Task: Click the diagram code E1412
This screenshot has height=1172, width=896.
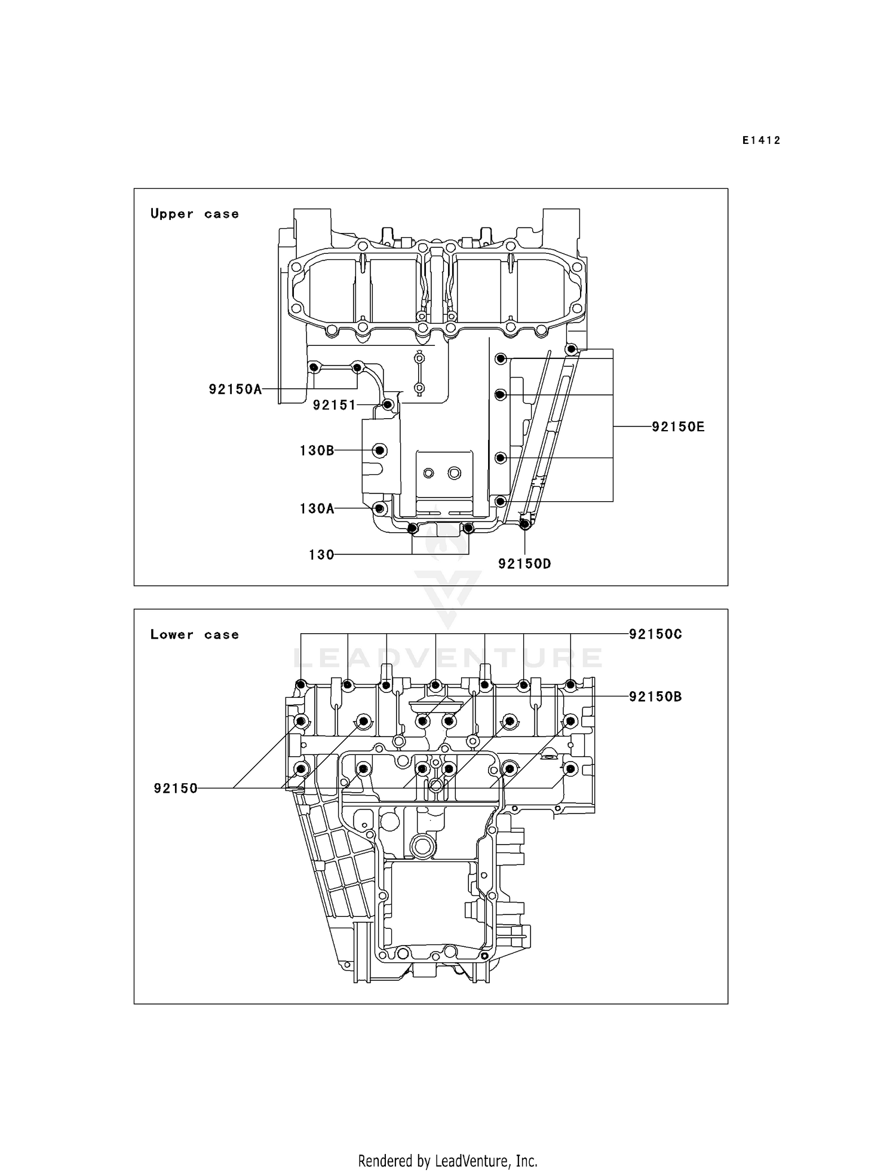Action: [x=761, y=140]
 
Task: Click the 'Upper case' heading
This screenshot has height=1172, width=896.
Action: [x=194, y=214]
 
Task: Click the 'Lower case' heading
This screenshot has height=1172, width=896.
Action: [x=194, y=634]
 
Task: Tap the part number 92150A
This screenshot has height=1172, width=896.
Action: [x=235, y=389]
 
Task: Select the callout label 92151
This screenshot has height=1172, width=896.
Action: [x=334, y=405]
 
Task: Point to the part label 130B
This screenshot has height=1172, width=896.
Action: [x=317, y=450]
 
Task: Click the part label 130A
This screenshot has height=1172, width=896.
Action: [x=317, y=508]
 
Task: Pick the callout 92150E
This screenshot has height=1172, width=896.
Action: [x=677, y=427]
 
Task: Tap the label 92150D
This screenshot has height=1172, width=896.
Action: [x=524, y=563]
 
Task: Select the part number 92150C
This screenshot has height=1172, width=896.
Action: [x=655, y=634]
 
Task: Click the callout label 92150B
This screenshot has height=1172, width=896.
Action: [x=655, y=697]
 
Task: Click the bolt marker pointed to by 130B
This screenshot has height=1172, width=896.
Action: [x=380, y=450]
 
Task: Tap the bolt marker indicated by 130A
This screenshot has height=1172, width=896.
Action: [x=379, y=508]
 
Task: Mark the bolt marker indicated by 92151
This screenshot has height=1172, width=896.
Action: [x=388, y=405]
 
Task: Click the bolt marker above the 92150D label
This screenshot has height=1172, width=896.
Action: [x=524, y=524]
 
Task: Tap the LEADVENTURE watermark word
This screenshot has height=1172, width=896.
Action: [x=447, y=658]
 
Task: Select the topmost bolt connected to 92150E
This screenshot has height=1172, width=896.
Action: [x=571, y=349]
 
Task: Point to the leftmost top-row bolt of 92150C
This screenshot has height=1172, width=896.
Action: [x=302, y=684]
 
